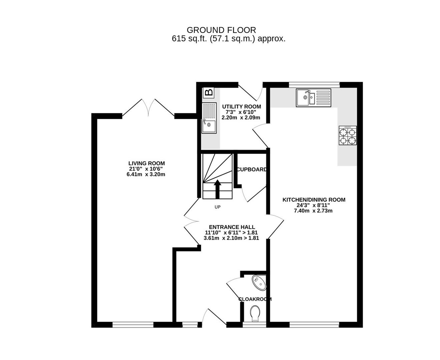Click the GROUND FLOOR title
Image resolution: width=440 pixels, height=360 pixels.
click(221, 30)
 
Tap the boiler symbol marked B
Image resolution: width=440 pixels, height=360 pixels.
click(208, 92)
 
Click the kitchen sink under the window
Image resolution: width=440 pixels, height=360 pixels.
click(313, 98)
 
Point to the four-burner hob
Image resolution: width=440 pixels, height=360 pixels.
click(348, 135)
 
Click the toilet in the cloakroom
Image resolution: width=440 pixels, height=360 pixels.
click(255, 313)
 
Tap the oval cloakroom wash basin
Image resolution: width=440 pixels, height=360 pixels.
click(259, 283)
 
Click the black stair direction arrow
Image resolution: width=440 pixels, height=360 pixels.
click(217, 189)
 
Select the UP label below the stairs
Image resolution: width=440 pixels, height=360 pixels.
click(217, 207)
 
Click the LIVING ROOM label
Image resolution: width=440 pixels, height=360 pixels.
click(146, 163)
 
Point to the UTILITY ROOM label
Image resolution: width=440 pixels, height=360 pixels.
click(242, 107)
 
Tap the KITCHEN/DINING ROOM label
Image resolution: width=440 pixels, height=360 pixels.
click(314, 200)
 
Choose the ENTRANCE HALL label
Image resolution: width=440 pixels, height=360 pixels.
click(232, 227)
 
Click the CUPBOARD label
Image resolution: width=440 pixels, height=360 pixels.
click(252, 169)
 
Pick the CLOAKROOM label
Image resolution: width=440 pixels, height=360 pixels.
click(255, 299)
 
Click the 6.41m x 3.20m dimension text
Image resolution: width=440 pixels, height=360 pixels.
click(146, 174)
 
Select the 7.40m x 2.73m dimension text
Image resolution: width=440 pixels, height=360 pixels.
click(313, 211)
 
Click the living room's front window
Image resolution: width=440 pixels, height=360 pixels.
click(133, 325)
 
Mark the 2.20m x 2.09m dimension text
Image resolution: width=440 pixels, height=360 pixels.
click(241, 118)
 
